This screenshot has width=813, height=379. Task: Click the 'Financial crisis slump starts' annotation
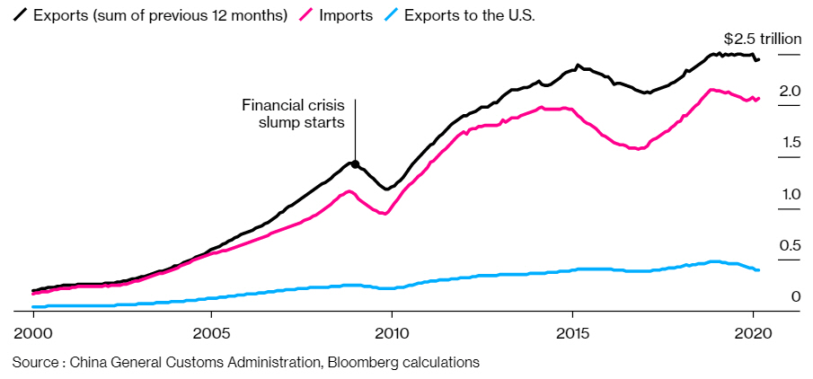[x=294, y=114]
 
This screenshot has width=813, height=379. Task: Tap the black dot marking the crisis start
[x=355, y=164]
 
